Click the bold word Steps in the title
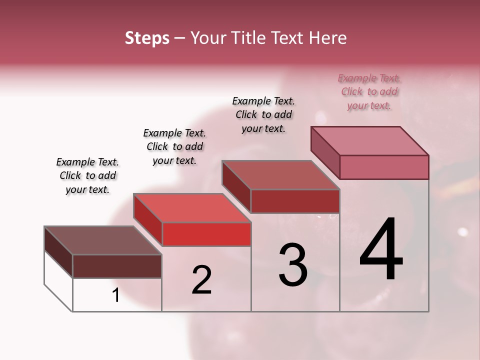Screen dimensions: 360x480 (x=147, y=38)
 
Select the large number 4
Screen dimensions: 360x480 (x=381, y=250)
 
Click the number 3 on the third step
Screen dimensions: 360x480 (x=293, y=265)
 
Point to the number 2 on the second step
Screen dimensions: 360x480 (x=202, y=280)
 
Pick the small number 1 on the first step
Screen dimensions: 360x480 (x=116, y=295)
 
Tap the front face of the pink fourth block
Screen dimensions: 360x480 (x=384, y=167)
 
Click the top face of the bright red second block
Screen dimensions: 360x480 (x=192, y=208)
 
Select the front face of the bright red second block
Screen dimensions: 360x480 (x=206, y=234)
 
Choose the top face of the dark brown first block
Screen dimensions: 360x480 (x=102, y=240)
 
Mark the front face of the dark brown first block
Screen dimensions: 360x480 (x=117, y=266)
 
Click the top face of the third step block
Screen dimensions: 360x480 (x=280, y=175)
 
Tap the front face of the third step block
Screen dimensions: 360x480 (x=295, y=201)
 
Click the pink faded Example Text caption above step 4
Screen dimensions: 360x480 (x=369, y=92)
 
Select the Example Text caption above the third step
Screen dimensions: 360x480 (x=263, y=114)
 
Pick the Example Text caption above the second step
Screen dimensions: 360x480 (x=174, y=146)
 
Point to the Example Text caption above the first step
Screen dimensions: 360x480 (x=87, y=175)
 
